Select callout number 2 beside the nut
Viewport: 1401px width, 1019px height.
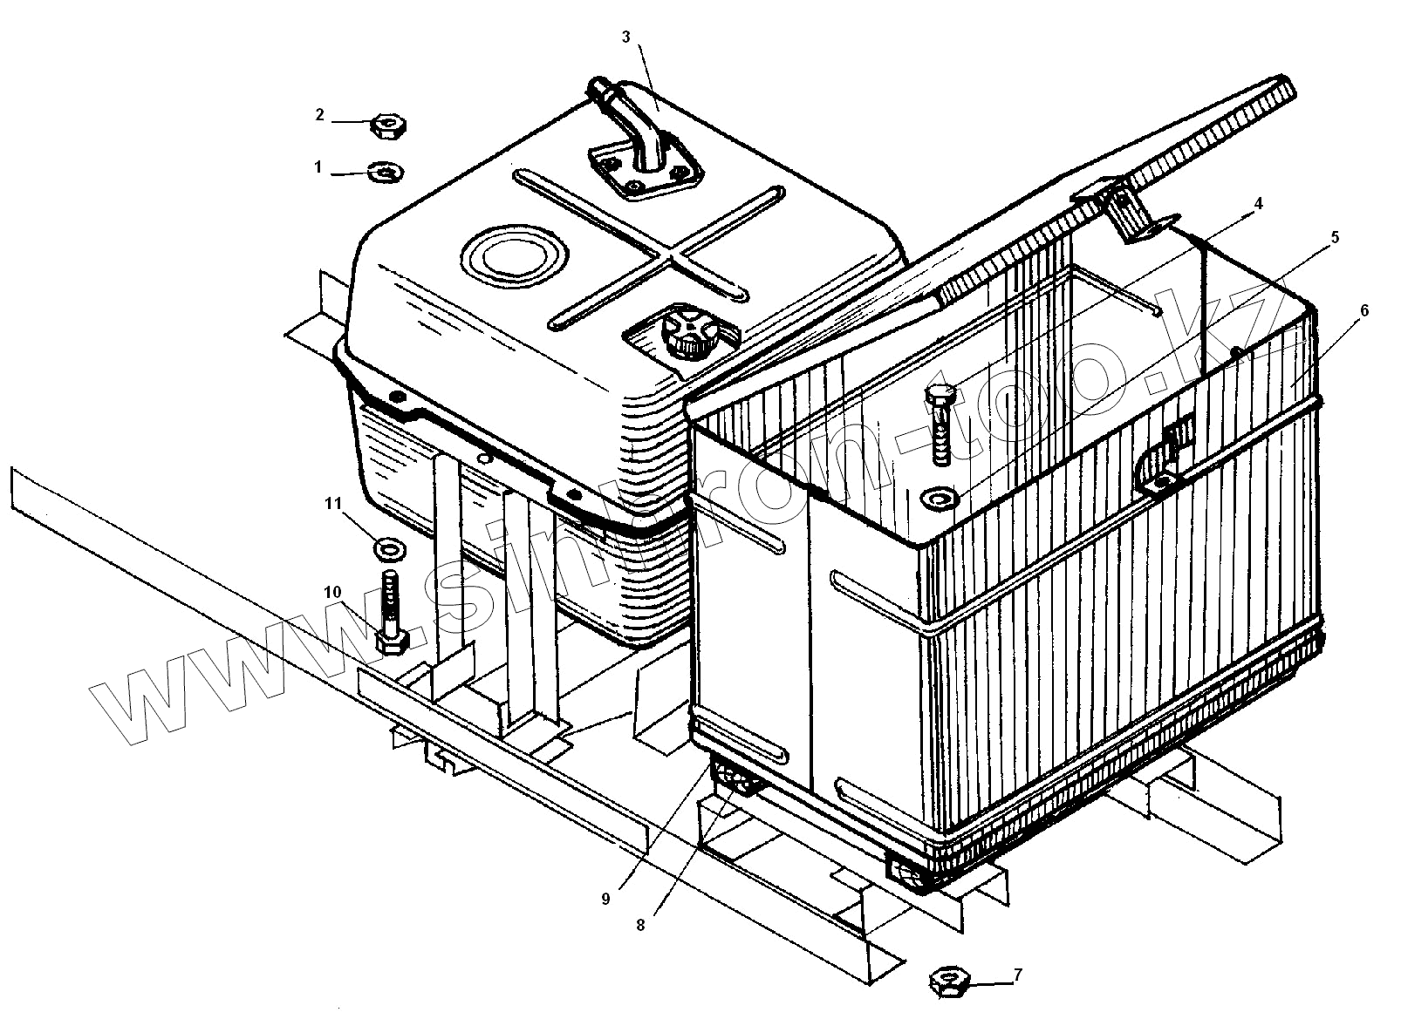click(x=320, y=114)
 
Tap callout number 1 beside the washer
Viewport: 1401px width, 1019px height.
click(x=318, y=166)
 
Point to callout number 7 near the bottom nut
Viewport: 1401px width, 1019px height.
click(x=1017, y=975)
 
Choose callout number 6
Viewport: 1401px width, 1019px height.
click(x=1363, y=309)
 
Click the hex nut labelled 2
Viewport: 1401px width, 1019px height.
click(x=386, y=127)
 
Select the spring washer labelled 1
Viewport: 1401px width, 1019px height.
click(x=385, y=172)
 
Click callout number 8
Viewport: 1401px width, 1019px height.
click(x=640, y=925)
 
